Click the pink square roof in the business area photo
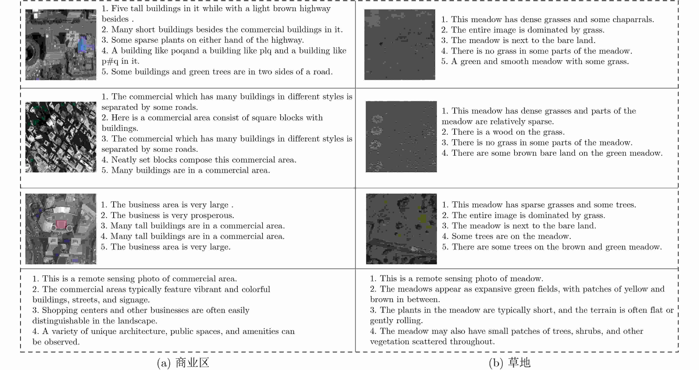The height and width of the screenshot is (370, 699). [61, 224]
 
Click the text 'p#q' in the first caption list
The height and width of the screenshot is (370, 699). [110, 61]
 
